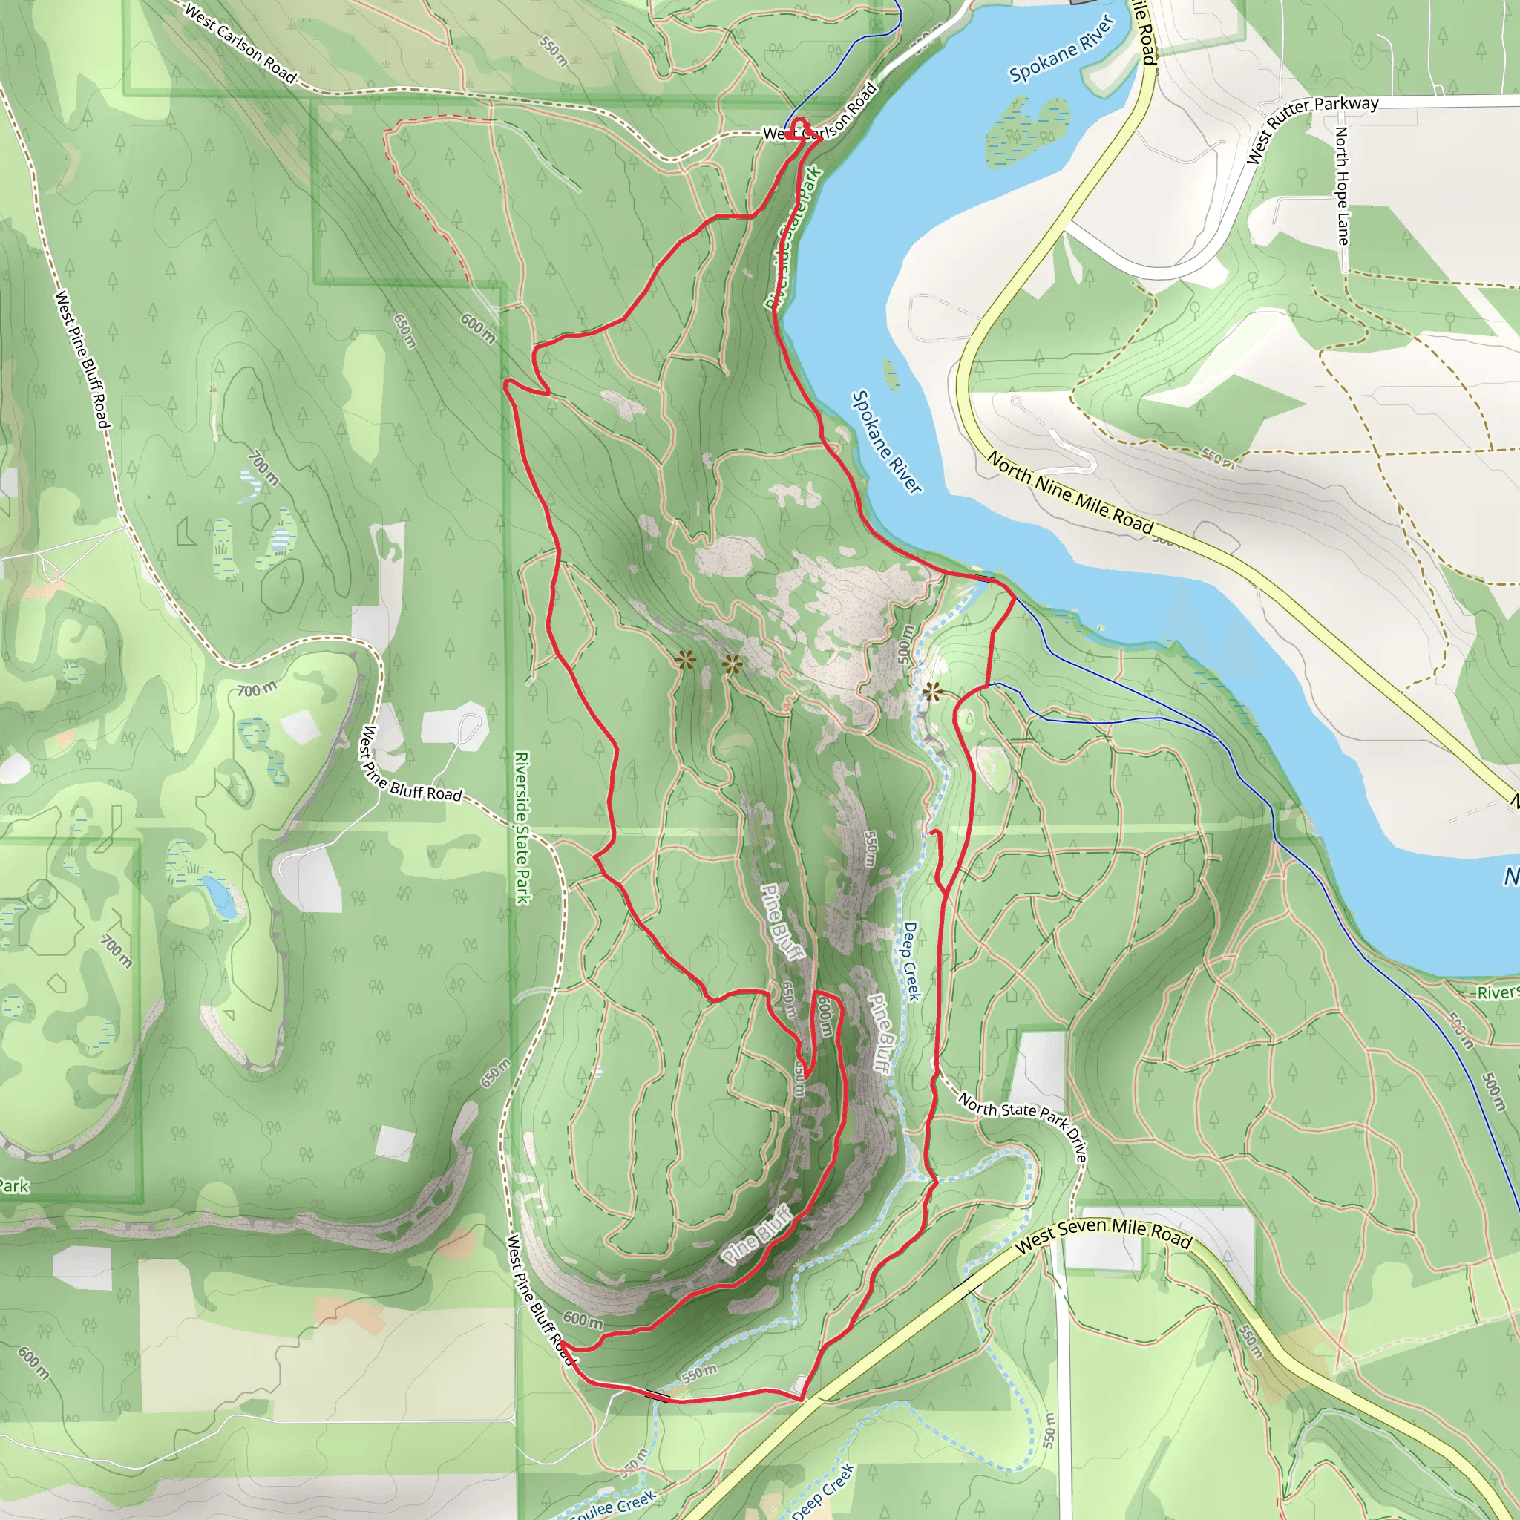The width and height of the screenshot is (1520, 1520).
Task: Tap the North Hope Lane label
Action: point(1341,186)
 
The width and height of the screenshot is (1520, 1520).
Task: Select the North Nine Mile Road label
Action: point(1070,494)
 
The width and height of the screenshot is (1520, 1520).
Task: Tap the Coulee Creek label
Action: point(612,1505)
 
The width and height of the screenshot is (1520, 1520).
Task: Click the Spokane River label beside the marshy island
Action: point(1062,49)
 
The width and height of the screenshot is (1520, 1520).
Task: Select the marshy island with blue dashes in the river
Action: point(1026,131)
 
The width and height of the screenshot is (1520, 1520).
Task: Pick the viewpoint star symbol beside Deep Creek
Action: point(932,692)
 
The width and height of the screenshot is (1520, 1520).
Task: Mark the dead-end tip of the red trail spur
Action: point(933,831)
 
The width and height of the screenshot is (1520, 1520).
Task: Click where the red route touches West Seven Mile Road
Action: point(802,1400)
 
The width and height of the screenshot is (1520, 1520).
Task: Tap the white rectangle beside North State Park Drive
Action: point(1041,1071)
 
